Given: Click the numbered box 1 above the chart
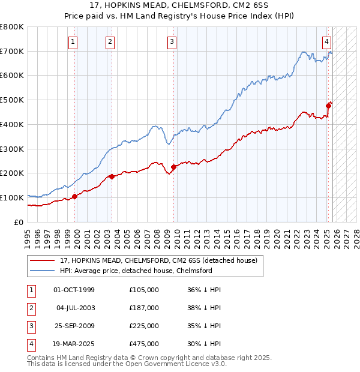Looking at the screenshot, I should [73, 41].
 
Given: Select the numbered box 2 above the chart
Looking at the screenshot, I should [110, 41].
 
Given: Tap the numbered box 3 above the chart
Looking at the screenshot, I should [172, 41].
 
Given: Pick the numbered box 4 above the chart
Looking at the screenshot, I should [326, 41].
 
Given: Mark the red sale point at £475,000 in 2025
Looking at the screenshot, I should [328, 106].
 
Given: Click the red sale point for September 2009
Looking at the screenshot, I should [173, 167].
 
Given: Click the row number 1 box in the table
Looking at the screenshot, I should [30, 290].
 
